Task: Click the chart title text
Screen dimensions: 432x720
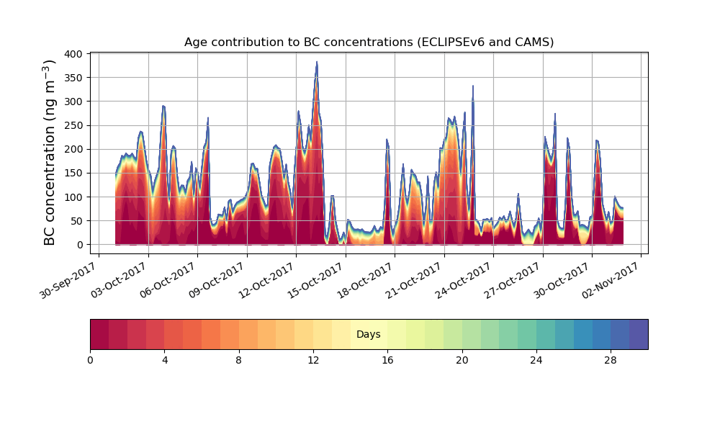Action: tap(369, 42)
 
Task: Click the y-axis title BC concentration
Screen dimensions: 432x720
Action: tap(50, 152)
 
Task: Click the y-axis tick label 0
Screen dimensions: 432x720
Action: tap(81, 245)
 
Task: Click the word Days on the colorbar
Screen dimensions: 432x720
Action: tap(369, 335)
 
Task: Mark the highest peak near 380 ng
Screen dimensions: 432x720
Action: tap(316, 63)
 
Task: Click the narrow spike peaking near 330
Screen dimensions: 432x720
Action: tap(473, 86)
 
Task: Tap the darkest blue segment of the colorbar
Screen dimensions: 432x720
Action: tap(638, 335)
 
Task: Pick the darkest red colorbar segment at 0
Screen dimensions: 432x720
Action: tap(99, 335)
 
